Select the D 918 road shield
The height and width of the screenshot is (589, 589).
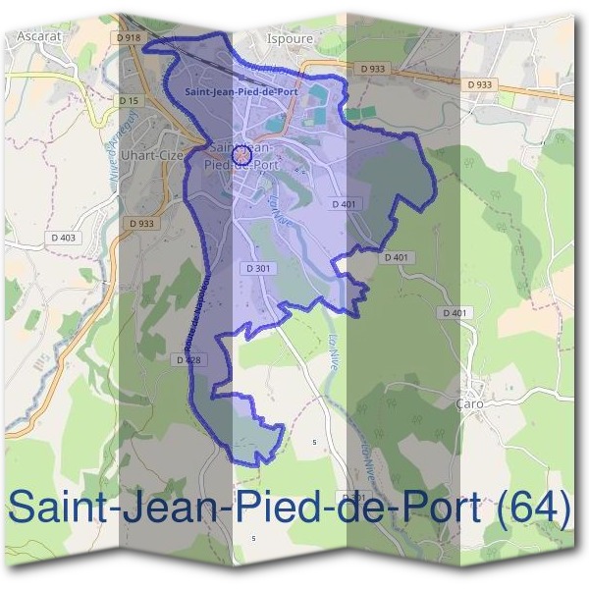coord(128,36)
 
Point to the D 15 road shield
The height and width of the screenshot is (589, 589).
coord(129,100)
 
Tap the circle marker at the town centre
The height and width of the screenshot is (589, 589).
coord(241,154)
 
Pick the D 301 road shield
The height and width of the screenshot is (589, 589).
coord(258,268)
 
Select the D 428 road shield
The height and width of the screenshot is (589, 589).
coord(189,360)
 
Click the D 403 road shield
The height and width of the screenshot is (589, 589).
coord(61,238)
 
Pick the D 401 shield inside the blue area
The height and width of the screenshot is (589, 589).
coord(343,203)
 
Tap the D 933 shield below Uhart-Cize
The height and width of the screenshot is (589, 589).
coord(141,224)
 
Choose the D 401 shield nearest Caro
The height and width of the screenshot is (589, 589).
coord(455,312)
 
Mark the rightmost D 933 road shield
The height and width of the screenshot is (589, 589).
coord(480,84)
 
